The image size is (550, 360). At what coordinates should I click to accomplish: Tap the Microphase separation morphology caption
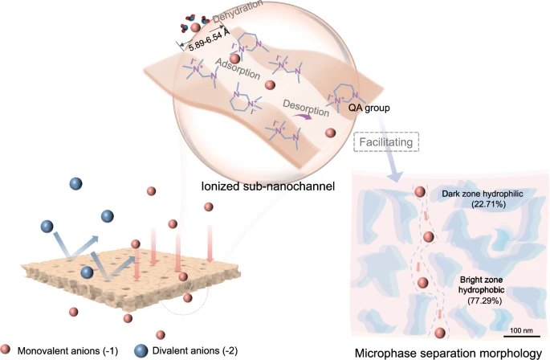tap(447, 352)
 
